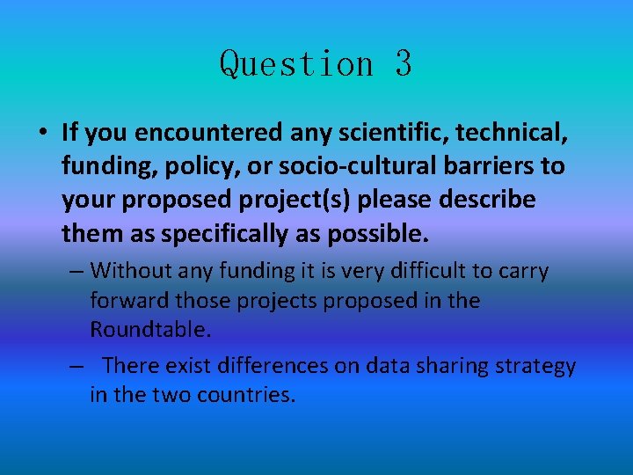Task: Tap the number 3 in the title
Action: coord(403,64)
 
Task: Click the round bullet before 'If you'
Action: coord(41,133)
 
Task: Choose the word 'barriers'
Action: coord(474,166)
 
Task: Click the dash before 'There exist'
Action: coord(76,366)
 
